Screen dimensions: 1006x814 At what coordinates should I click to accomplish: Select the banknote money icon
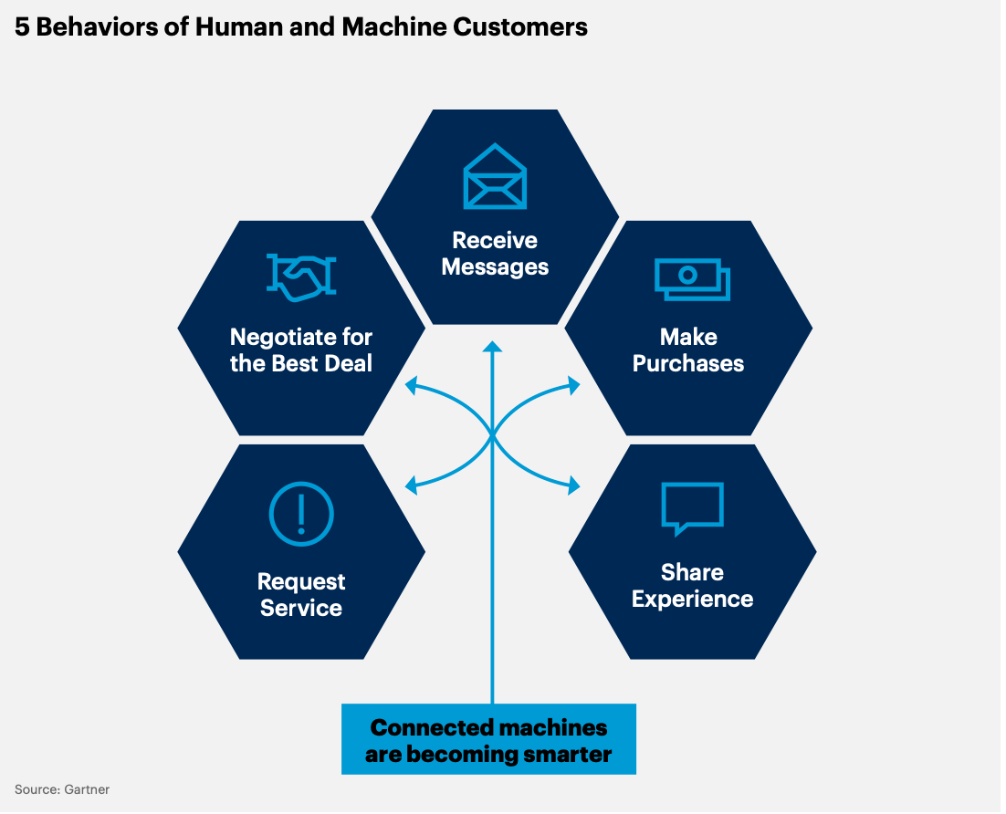pos(692,279)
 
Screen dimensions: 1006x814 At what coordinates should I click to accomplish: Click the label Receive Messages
pos(495,254)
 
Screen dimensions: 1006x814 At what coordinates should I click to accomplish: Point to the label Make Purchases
pos(688,350)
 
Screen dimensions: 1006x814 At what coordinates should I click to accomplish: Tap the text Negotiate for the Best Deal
pos(301,350)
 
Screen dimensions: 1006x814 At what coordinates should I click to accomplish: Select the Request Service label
pos(301,595)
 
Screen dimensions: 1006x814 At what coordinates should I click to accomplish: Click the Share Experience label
pos(692,586)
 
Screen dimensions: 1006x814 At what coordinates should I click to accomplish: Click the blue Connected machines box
pos(489,739)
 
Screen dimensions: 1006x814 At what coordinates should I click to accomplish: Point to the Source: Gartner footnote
pos(62,789)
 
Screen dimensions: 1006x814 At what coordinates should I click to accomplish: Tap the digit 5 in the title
pos(22,27)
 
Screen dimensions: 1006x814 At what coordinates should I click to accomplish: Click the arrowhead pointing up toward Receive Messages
pos(492,347)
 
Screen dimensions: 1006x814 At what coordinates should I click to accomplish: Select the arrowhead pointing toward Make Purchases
pos(573,385)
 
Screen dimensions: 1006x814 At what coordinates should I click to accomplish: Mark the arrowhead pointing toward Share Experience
pos(573,485)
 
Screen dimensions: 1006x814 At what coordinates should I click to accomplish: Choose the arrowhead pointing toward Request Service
pos(411,485)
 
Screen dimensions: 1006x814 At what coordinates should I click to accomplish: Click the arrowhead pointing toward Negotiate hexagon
pos(411,385)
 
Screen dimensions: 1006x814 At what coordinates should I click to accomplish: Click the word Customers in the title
pos(520,27)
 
